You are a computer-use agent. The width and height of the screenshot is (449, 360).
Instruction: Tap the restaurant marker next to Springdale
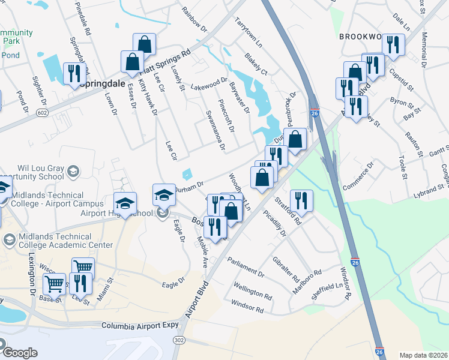pos(74,73)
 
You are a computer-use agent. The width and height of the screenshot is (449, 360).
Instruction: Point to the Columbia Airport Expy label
pos(140,325)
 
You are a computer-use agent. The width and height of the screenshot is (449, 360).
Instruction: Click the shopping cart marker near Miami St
pos(83,268)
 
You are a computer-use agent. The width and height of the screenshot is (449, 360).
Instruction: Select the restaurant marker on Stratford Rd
pos(301,200)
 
